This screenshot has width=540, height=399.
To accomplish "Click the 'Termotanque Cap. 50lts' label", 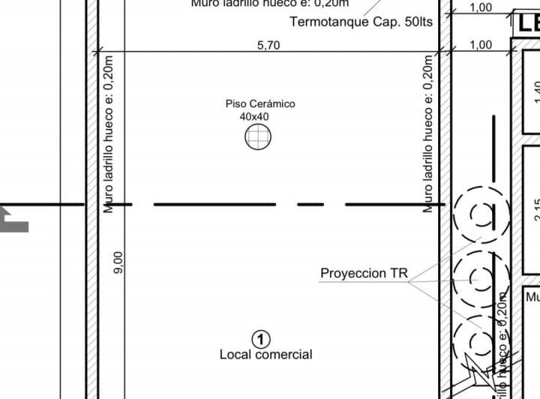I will point(361,22).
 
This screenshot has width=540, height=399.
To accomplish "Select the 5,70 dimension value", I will point(268,45).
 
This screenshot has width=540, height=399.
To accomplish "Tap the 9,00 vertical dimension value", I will point(118,262).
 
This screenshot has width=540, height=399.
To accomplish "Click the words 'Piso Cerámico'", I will point(260,103).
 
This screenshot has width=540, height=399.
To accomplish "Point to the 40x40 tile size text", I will point(254,116).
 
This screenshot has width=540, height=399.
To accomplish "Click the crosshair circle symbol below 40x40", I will point(258,137).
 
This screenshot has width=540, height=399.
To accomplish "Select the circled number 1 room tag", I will point(261,339).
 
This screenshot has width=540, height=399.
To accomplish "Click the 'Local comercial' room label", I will point(265,354).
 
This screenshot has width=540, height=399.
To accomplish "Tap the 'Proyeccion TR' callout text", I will point(364,273).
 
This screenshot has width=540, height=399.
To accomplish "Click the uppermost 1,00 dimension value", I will point(481,7).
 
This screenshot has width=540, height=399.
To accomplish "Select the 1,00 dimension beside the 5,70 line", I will point(481,45).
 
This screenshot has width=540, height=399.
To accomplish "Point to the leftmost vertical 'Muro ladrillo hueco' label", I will point(109,133).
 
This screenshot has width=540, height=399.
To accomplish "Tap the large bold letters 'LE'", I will point(527,23).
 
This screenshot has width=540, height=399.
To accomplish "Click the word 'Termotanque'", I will point(328,22).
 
